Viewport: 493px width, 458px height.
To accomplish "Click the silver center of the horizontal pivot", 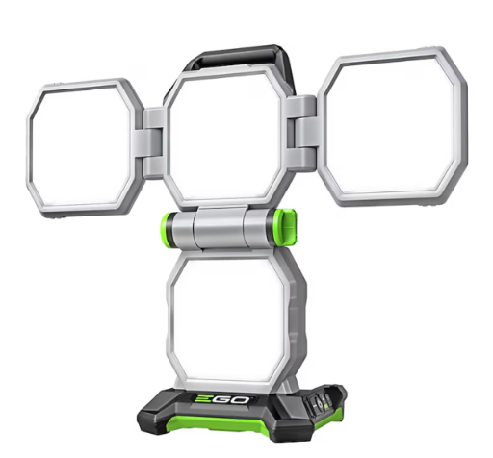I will (x=225, y=230).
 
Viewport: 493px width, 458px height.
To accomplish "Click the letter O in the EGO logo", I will (x=253, y=397).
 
